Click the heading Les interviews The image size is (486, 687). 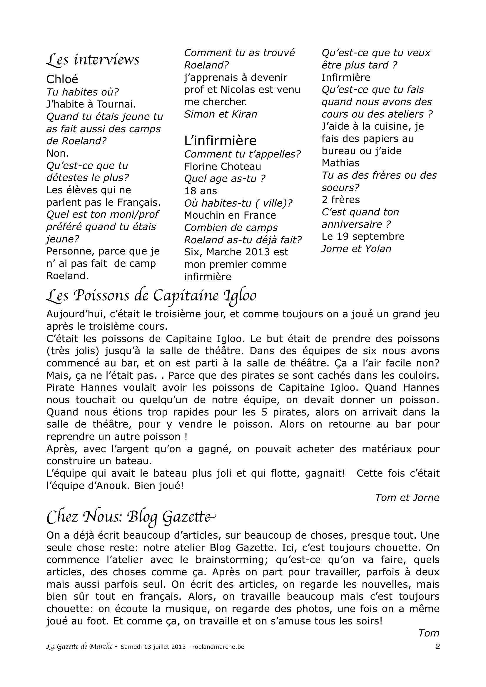[x=93, y=60]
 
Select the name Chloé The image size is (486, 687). [x=62, y=79]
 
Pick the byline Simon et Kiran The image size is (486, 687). [x=221, y=114]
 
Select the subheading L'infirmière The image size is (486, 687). [x=220, y=140]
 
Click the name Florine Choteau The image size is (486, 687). [x=223, y=166]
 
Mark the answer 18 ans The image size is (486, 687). [x=200, y=191]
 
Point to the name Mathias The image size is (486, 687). [x=340, y=163]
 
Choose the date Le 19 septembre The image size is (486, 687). [x=363, y=236]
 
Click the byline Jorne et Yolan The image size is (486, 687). [x=356, y=249]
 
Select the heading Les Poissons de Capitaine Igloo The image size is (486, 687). [x=151, y=296]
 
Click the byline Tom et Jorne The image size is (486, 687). [x=407, y=497]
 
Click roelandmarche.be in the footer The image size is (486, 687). [x=218, y=647]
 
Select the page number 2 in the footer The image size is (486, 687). [x=437, y=647]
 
